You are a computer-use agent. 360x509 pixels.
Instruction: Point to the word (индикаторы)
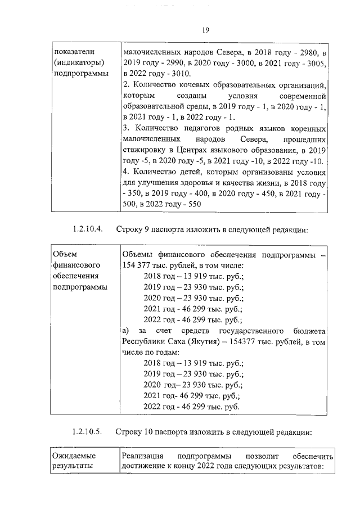[75, 63]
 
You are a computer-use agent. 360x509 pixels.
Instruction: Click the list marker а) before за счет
[127, 330]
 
